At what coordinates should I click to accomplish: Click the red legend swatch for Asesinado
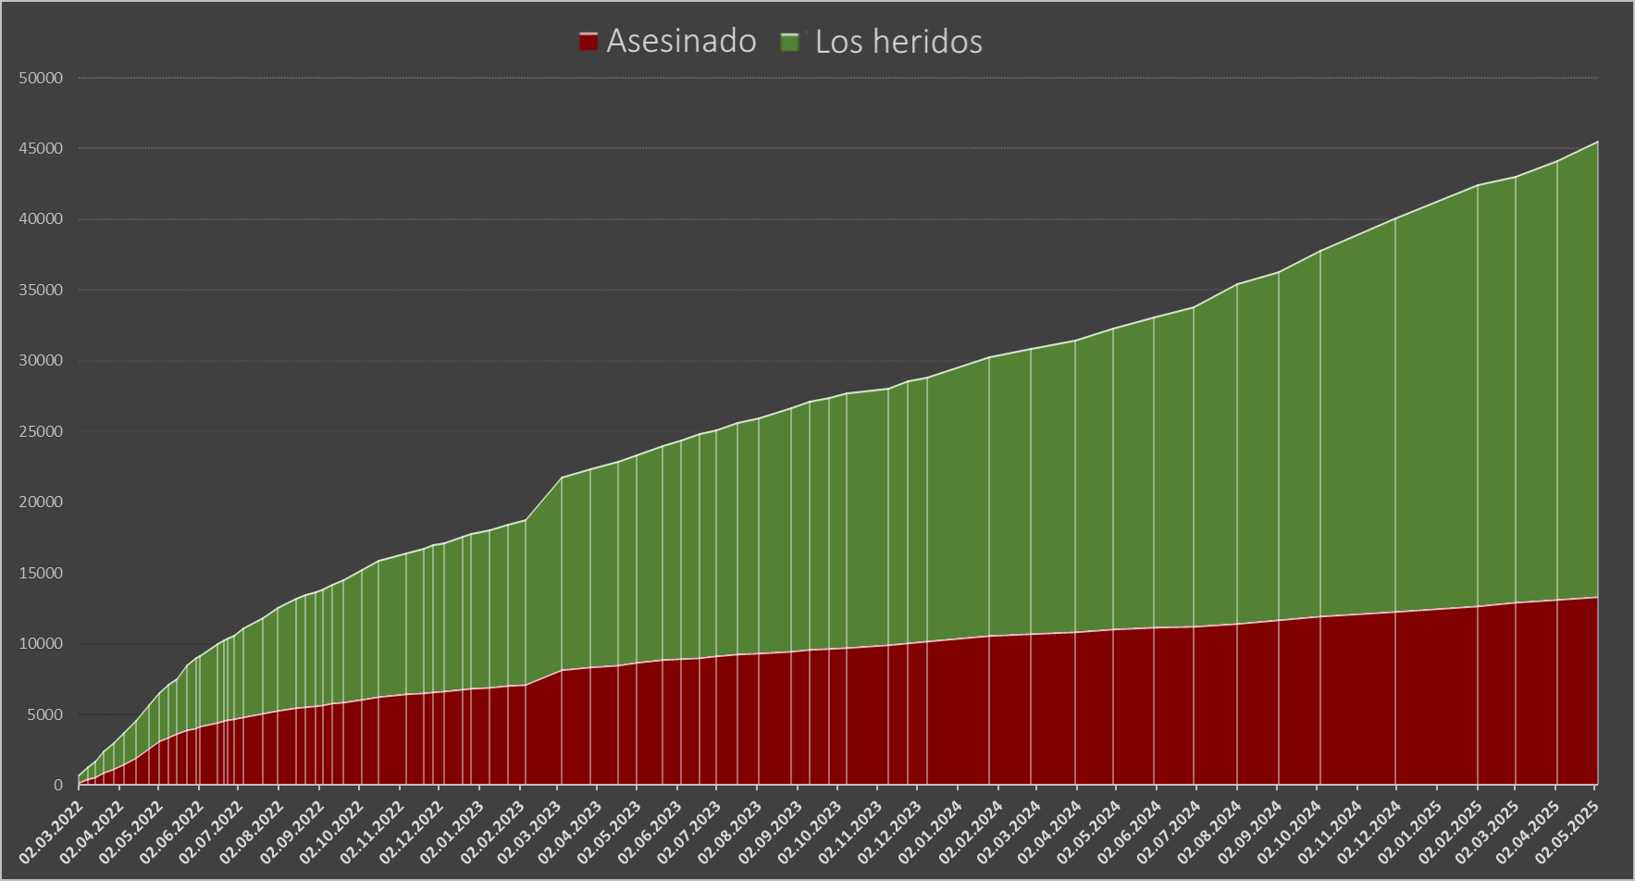pyautogui.click(x=588, y=42)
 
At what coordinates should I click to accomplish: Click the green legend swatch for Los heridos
pyautogui.click(x=790, y=42)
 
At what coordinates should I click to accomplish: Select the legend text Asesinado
pyautogui.click(x=681, y=42)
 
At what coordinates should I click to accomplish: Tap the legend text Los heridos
pyautogui.click(x=898, y=42)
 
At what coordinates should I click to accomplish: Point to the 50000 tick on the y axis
pyautogui.click(x=41, y=78)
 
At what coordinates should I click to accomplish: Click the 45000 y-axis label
pyautogui.click(x=41, y=149)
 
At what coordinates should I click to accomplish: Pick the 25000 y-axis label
pyautogui.click(x=41, y=432)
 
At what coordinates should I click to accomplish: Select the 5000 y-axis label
pyautogui.click(x=44, y=714)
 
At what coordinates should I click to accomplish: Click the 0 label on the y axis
pyautogui.click(x=58, y=786)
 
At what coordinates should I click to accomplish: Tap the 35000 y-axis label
pyautogui.click(x=41, y=291)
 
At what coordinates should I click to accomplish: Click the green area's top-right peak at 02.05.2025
pyautogui.click(x=1597, y=142)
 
